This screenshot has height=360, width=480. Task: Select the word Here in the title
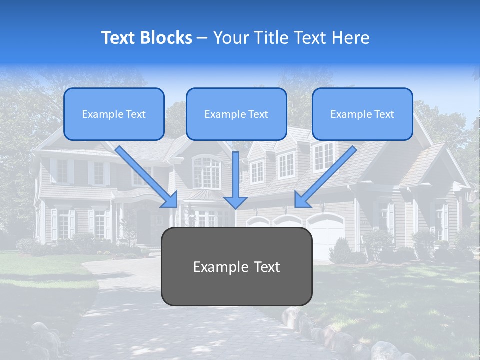(x=351, y=38)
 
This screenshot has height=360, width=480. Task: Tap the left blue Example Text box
(x=114, y=114)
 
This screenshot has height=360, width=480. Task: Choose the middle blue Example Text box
(x=236, y=114)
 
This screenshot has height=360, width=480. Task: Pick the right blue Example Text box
(x=362, y=114)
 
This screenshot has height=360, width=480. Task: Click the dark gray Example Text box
(x=236, y=267)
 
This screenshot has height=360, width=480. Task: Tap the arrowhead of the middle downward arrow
(x=236, y=201)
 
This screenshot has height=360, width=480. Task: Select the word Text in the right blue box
(x=383, y=114)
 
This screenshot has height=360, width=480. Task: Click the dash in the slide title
(x=202, y=38)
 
